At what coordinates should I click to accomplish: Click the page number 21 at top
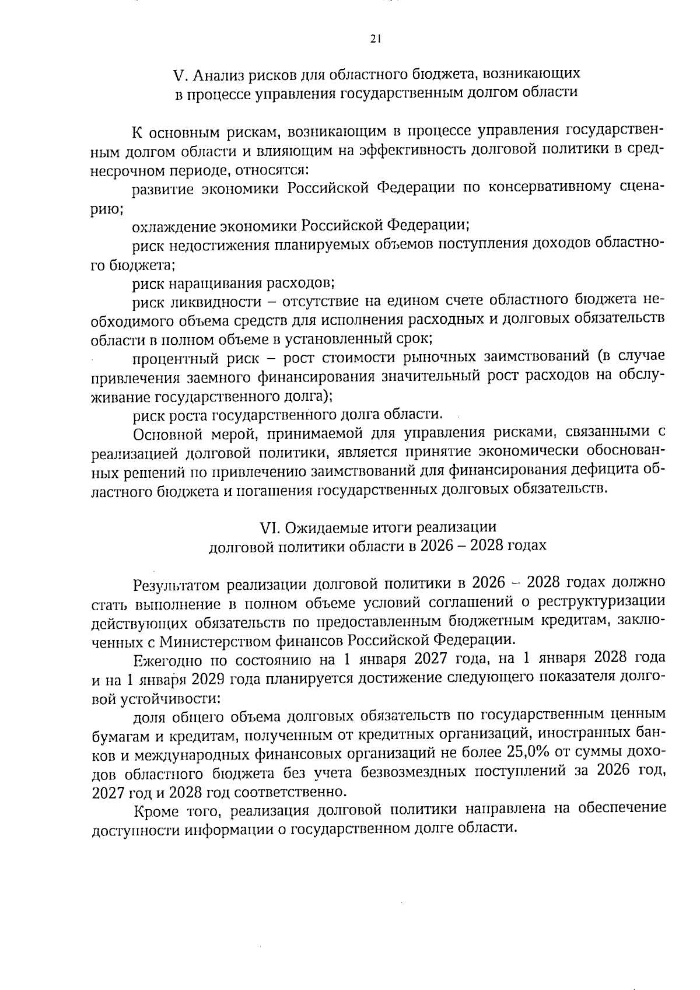375,39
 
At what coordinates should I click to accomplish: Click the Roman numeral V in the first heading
178,75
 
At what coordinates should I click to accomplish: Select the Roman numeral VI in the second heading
268,527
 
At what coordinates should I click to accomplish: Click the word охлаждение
174,225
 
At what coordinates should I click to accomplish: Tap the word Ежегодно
167,660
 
